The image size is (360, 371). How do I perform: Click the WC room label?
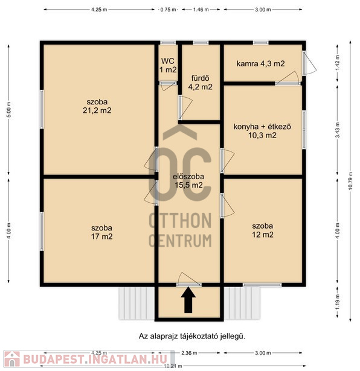(x=168, y=65)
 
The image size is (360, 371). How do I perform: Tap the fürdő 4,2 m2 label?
(x=200, y=83)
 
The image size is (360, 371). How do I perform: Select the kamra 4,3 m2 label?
(x=260, y=64)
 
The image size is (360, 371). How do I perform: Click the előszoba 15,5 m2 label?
(x=188, y=181)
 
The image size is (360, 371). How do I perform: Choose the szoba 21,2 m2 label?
(x=97, y=106)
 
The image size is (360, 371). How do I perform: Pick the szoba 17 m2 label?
(x=101, y=232)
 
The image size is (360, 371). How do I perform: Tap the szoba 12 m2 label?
(x=262, y=230)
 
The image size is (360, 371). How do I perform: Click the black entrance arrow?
(x=188, y=300)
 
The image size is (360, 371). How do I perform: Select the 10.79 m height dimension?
(x=351, y=180)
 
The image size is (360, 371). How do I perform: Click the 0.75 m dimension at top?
(x=168, y=10)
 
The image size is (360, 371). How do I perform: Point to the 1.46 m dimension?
(x=201, y=10)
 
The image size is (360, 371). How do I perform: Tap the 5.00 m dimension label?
(x=8, y=110)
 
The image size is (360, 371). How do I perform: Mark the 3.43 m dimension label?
(x=338, y=130)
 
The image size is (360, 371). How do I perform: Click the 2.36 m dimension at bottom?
(x=189, y=353)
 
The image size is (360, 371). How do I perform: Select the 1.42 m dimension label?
(x=338, y=60)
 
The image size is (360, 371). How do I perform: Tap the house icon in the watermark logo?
(x=12, y=359)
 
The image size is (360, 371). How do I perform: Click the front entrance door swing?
(x=189, y=279)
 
